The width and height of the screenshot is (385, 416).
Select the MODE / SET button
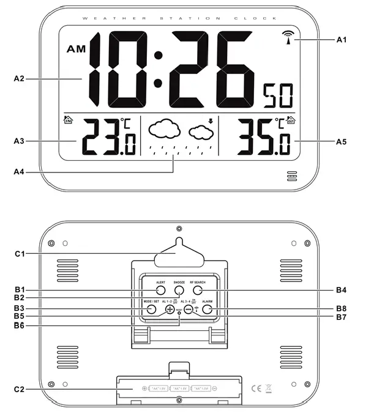point(151,310)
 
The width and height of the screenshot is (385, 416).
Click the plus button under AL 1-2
point(170,310)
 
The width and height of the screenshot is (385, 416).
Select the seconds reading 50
point(277,95)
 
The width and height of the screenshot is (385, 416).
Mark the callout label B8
point(342,308)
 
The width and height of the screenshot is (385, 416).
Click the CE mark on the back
point(257,387)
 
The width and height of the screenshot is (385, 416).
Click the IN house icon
point(68,121)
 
